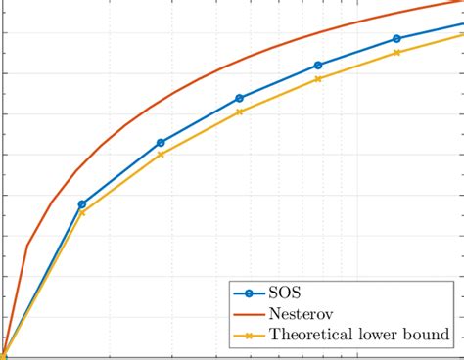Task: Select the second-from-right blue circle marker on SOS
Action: point(318,66)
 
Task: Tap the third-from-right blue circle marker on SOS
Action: point(240,99)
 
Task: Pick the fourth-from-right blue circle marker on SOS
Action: point(161,143)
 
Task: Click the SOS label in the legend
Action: point(284,292)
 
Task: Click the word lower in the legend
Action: point(385,335)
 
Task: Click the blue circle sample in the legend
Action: point(248,292)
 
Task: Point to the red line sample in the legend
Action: point(248,313)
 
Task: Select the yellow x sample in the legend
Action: point(248,336)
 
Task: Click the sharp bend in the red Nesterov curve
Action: point(27,245)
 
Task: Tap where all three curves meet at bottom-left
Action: point(3,354)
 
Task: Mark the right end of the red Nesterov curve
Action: point(462,3)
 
